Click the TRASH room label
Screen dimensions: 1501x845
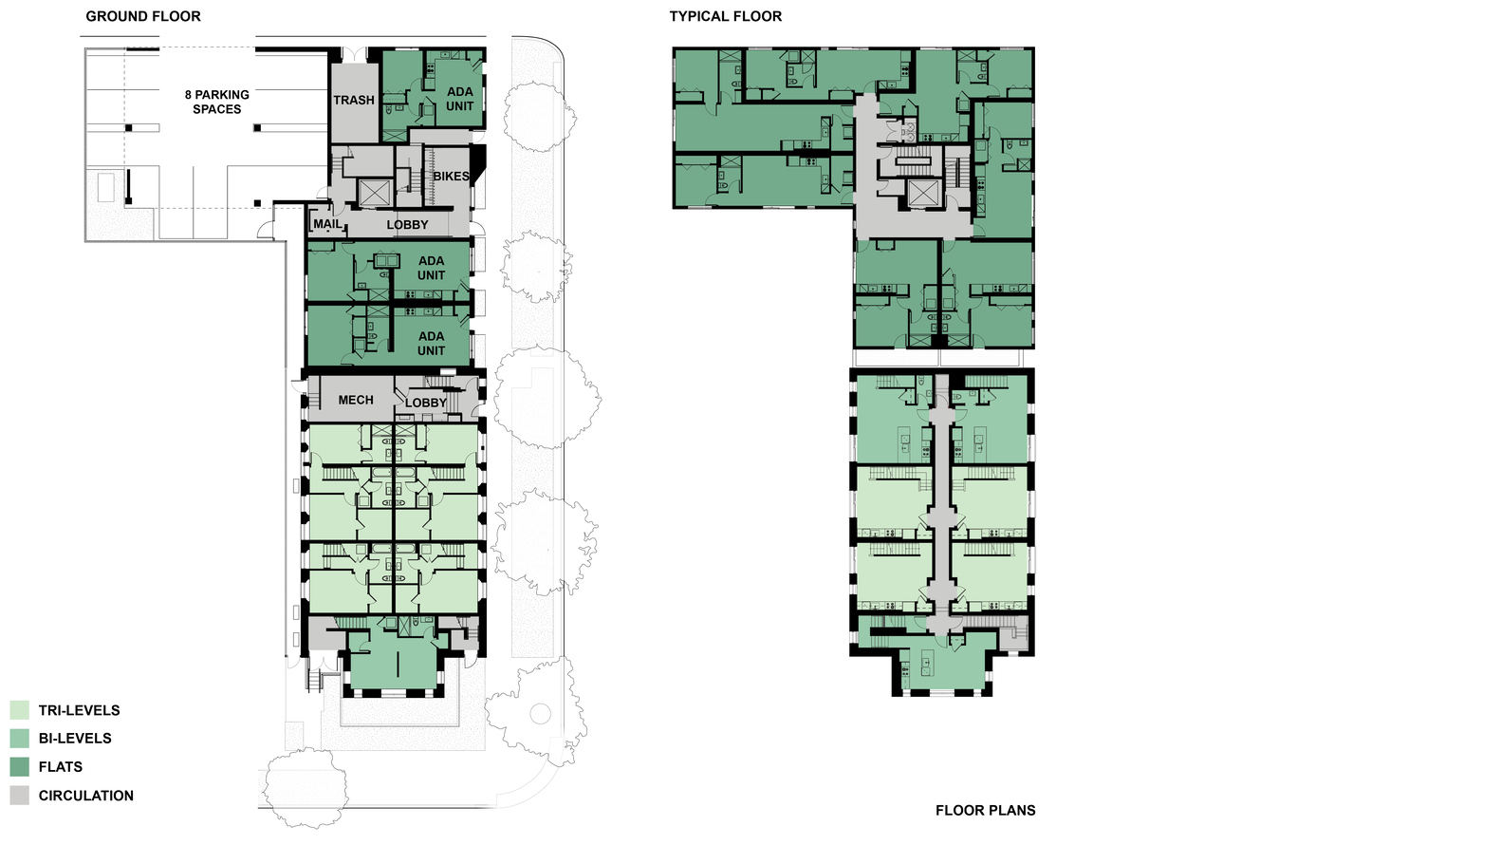pyautogui.click(x=354, y=101)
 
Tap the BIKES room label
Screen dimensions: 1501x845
pyautogui.click(x=451, y=177)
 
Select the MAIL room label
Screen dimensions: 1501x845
pyautogui.click(x=327, y=223)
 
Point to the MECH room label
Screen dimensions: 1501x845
pyautogui.click(x=356, y=401)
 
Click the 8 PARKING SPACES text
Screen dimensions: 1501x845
pyautogui.click(x=217, y=102)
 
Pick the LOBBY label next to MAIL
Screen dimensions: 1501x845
pyautogui.click(x=407, y=225)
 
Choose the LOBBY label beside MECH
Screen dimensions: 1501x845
pyautogui.click(x=425, y=403)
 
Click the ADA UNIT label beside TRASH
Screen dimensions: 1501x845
pyautogui.click(x=459, y=99)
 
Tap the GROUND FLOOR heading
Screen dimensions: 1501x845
pyautogui.click(x=143, y=16)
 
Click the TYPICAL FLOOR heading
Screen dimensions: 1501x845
pyautogui.click(x=726, y=16)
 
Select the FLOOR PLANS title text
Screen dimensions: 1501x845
pyautogui.click(x=986, y=810)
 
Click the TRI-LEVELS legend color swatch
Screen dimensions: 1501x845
pyautogui.click(x=19, y=710)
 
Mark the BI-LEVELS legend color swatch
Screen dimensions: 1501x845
pyautogui.click(x=19, y=739)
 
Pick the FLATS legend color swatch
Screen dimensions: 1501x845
pyautogui.click(x=19, y=766)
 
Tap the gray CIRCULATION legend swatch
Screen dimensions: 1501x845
pyautogui.click(x=19, y=796)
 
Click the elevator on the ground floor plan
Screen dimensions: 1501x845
pyautogui.click(x=374, y=193)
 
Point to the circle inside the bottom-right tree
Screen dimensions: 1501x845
pyautogui.click(x=540, y=714)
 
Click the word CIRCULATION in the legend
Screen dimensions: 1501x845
pyautogui.click(x=85, y=796)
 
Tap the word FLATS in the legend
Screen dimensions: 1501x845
pyautogui.click(x=61, y=766)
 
